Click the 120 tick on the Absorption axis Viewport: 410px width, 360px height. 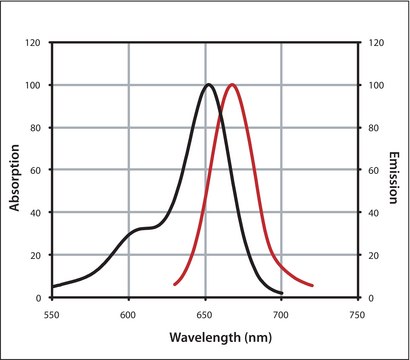click(34, 43)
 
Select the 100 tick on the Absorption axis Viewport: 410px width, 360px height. click(34, 86)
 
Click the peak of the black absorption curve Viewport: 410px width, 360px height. click(208, 85)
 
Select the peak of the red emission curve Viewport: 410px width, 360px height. click(233, 85)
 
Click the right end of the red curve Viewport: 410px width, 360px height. click(313, 285)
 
